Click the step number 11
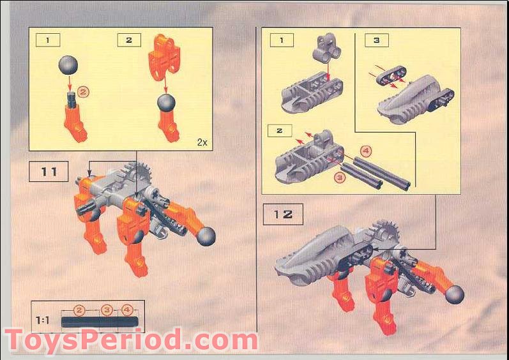click(x=49, y=172)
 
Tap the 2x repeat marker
click(x=202, y=142)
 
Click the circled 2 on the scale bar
click(x=79, y=310)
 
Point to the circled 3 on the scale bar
click(x=107, y=310)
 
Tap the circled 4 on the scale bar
click(x=128, y=310)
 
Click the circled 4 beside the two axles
click(x=365, y=151)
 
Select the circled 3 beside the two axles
click(x=340, y=177)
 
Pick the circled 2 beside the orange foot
click(x=84, y=91)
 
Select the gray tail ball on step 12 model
click(x=454, y=294)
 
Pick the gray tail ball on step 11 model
click(x=206, y=237)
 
